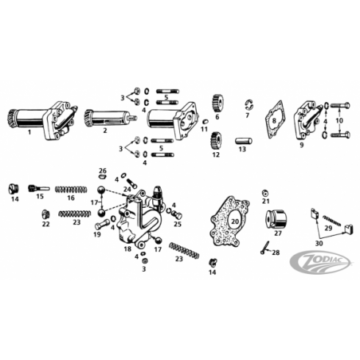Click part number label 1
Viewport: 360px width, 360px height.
[x=29, y=132]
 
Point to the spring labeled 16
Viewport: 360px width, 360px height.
[x=71, y=190]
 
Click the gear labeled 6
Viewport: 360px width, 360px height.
[x=217, y=104]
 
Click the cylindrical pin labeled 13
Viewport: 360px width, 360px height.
[x=242, y=141]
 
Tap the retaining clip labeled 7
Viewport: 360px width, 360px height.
[x=248, y=105]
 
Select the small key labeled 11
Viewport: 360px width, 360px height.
[x=205, y=122]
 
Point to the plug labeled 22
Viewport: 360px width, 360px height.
[x=45, y=214]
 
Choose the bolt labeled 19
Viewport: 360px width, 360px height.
[x=102, y=225]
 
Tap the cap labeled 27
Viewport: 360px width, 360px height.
[x=276, y=218]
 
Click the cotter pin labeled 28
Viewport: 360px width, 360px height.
[x=265, y=248]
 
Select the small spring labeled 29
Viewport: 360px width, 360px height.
[x=331, y=221]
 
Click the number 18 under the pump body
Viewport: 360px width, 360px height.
[x=127, y=248]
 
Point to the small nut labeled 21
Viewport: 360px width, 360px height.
[x=264, y=193]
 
